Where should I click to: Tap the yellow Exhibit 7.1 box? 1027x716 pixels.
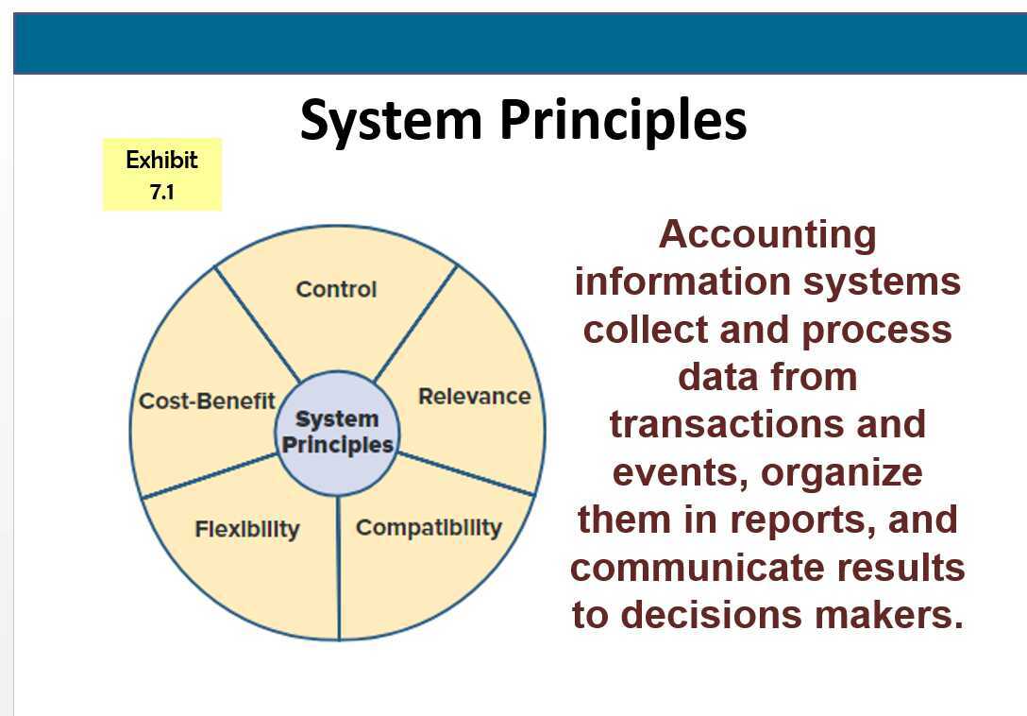pyautogui.click(x=161, y=174)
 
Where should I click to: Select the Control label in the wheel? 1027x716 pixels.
pyautogui.click(x=336, y=289)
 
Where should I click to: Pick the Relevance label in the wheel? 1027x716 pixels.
pyautogui.click(x=474, y=396)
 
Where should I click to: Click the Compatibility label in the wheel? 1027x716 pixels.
pyautogui.click(x=429, y=528)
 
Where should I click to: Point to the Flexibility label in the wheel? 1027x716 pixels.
pyautogui.click(x=246, y=528)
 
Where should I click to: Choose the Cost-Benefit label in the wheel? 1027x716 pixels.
pyautogui.click(x=207, y=401)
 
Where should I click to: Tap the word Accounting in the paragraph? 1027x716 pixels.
pyautogui.click(x=767, y=234)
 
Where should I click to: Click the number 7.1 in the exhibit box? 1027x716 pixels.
pyautogui.click(x=161, y=192)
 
